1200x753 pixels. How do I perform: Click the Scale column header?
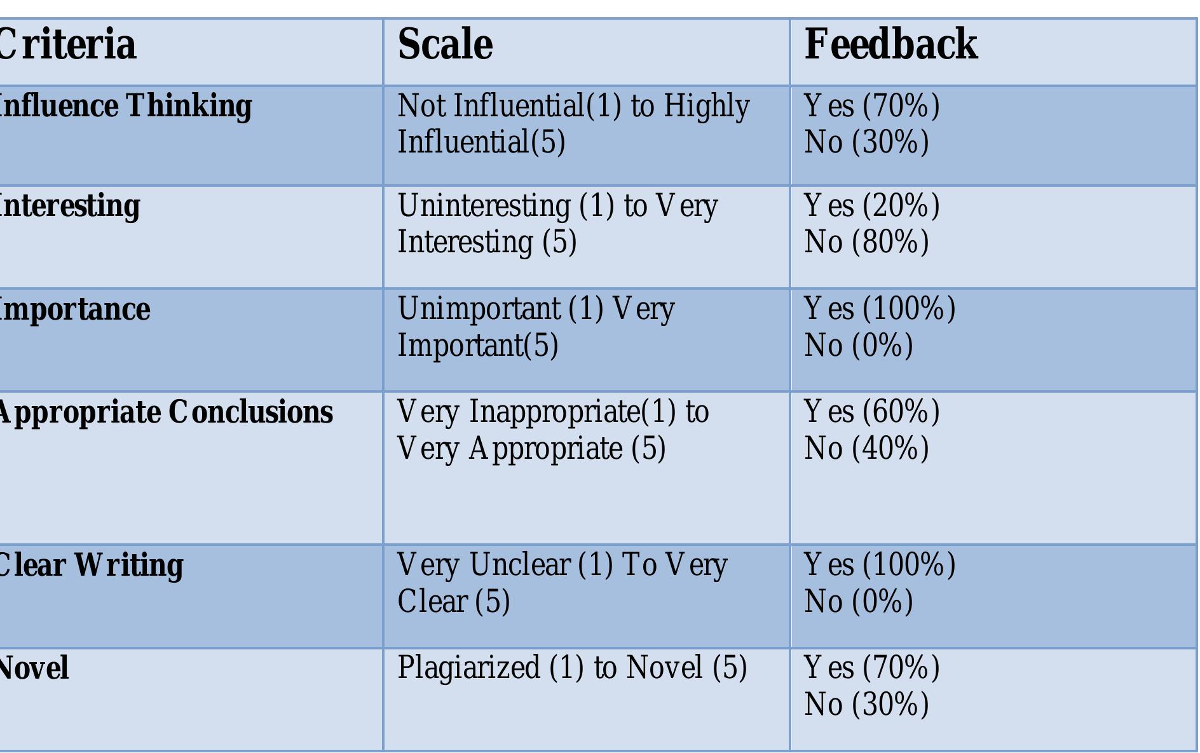(x=445, y=45)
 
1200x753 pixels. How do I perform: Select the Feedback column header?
(x=891, y=45)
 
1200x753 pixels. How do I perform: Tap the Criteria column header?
(x=67, y=45)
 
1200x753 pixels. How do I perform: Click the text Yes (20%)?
(x=872, y=206)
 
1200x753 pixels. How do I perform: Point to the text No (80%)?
(x=867, y=242)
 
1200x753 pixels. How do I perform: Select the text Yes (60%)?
(x=872, y=411)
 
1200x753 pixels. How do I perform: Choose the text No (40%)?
(x=867, y=448)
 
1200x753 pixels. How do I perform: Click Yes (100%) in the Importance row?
(x=880, y=309)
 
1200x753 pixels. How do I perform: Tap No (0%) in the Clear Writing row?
(x=859, y=601)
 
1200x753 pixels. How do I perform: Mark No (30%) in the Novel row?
(x=867, y=704)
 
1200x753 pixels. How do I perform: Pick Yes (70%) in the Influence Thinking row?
(x=872, y=105)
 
